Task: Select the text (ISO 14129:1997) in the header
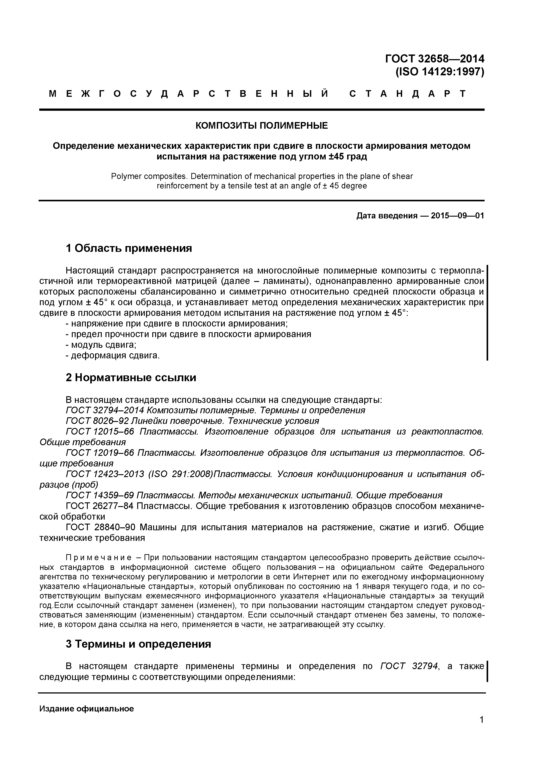(x=440, y=72)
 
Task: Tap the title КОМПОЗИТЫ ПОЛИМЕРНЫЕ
(x=261, y=126)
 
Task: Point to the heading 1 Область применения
(x=129, y=248)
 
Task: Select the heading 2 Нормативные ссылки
(x=131, y=377)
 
